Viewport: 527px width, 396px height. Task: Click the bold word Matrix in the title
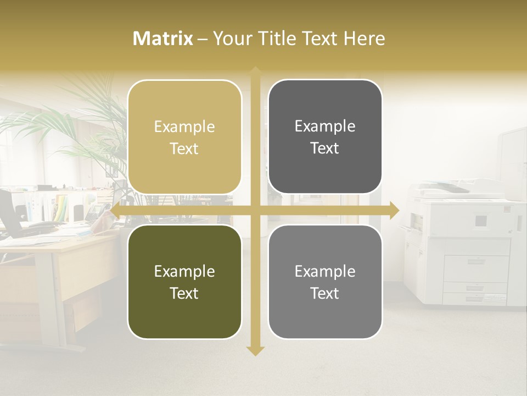[163, 38]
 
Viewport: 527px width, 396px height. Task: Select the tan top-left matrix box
[184, 137]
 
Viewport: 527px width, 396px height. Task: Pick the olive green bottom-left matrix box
[184, 282]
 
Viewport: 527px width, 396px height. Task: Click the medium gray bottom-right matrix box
[325, 282]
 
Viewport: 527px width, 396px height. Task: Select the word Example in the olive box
[184, 271]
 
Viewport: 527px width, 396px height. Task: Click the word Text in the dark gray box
[325, 148]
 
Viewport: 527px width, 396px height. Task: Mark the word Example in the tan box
[184, 127]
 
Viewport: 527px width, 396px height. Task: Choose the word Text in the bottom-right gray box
[325, 294]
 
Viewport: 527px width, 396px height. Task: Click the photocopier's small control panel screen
[481, 221]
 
